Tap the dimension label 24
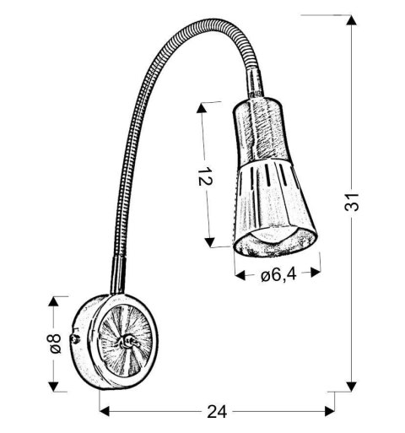point(218,413)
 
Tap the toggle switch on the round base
point(127,340)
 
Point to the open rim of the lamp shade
point(274,242)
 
